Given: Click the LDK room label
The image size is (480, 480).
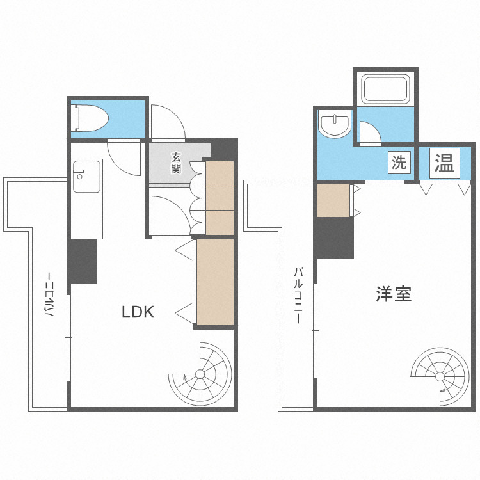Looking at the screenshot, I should click(138, 312).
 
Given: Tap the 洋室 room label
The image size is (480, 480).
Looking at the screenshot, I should click(394, 294).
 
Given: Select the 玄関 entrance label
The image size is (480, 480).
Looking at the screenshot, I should click(176, 163).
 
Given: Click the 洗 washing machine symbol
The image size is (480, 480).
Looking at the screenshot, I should click(399, 163).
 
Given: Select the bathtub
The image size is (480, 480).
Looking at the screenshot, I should click(385, 89).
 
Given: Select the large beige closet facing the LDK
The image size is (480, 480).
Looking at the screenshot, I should click(215, 282).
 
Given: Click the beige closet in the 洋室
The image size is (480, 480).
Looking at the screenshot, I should click(333, 200).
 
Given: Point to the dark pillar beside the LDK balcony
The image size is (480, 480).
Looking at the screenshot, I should click(83, 261).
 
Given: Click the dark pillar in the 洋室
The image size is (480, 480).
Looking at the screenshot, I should click(334, 237).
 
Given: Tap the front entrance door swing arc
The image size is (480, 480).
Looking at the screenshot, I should click(168, 122).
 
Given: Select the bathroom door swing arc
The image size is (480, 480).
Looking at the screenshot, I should click(369, 132).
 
